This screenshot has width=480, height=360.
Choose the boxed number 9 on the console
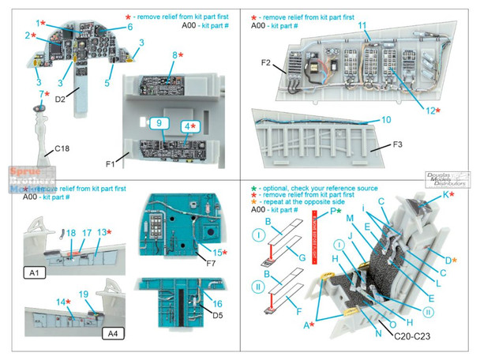tap(158, 124)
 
